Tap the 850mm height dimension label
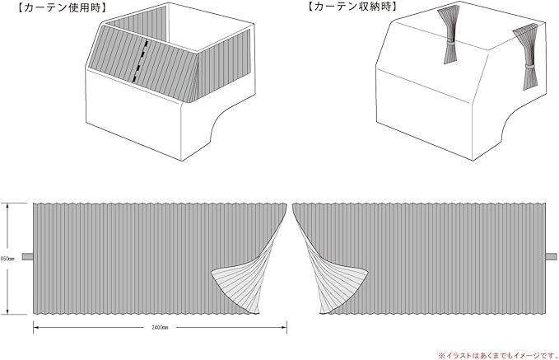pyautogui.click(x=6, y=258)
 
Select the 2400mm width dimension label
pyautogui.click(x=160, y=327)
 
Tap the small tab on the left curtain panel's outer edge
pyautogui.click(x=28, y=257)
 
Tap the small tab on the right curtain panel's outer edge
pyautogui.click(x=550, y=257)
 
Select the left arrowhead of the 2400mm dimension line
pyautogui.click(x=35, y=327)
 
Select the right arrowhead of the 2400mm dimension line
pyautogui.click(x=284, y=327)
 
